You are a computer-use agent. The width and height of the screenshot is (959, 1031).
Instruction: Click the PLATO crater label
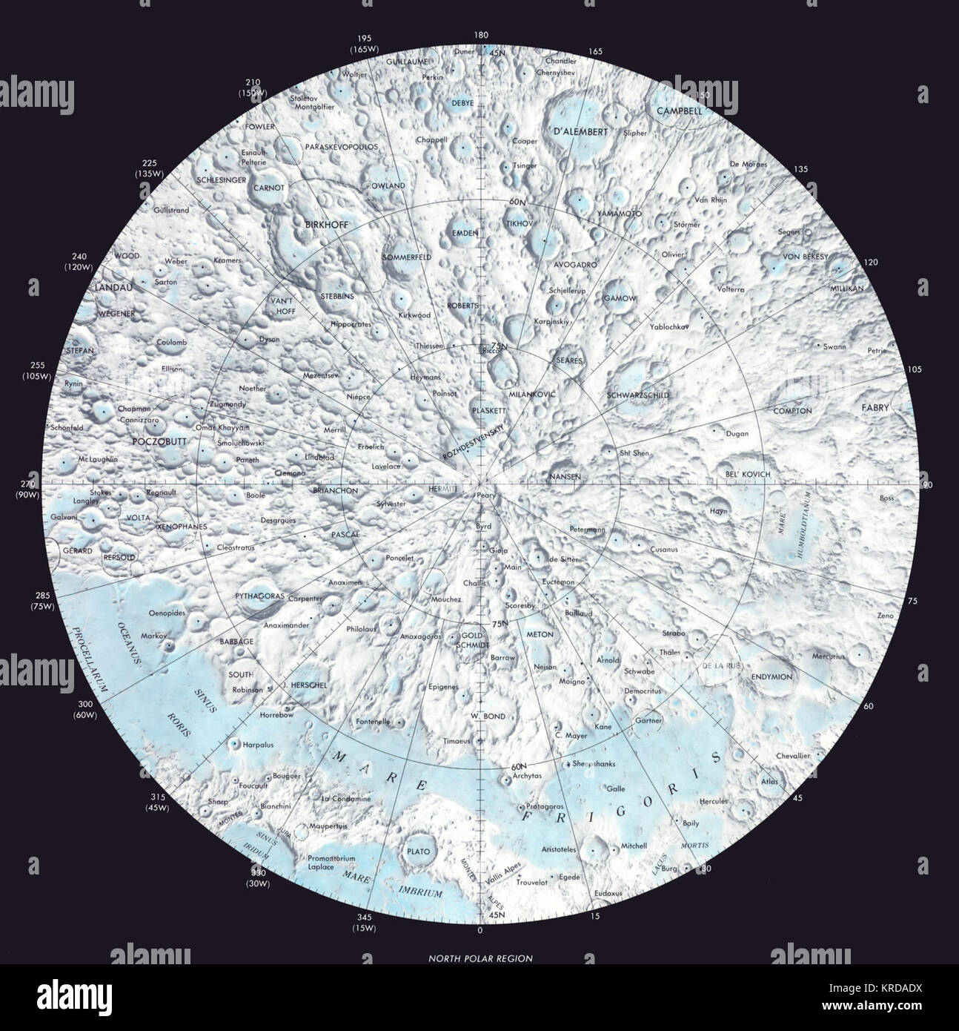[x=419, y=852]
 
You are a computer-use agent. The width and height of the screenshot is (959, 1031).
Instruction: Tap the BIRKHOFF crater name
[x=326, y=223]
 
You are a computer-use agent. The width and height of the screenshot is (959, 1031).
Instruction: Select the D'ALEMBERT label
[x=580, y=132]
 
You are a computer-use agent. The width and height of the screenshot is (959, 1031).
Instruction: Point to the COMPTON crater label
[x=792, y=411]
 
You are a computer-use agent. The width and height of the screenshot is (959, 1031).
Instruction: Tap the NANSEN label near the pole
[x=565, y=476]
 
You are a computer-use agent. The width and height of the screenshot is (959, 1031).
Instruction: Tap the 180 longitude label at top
[x=481, y=35]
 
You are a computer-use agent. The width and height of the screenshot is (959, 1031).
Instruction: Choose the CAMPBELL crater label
[x=679, y=111]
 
